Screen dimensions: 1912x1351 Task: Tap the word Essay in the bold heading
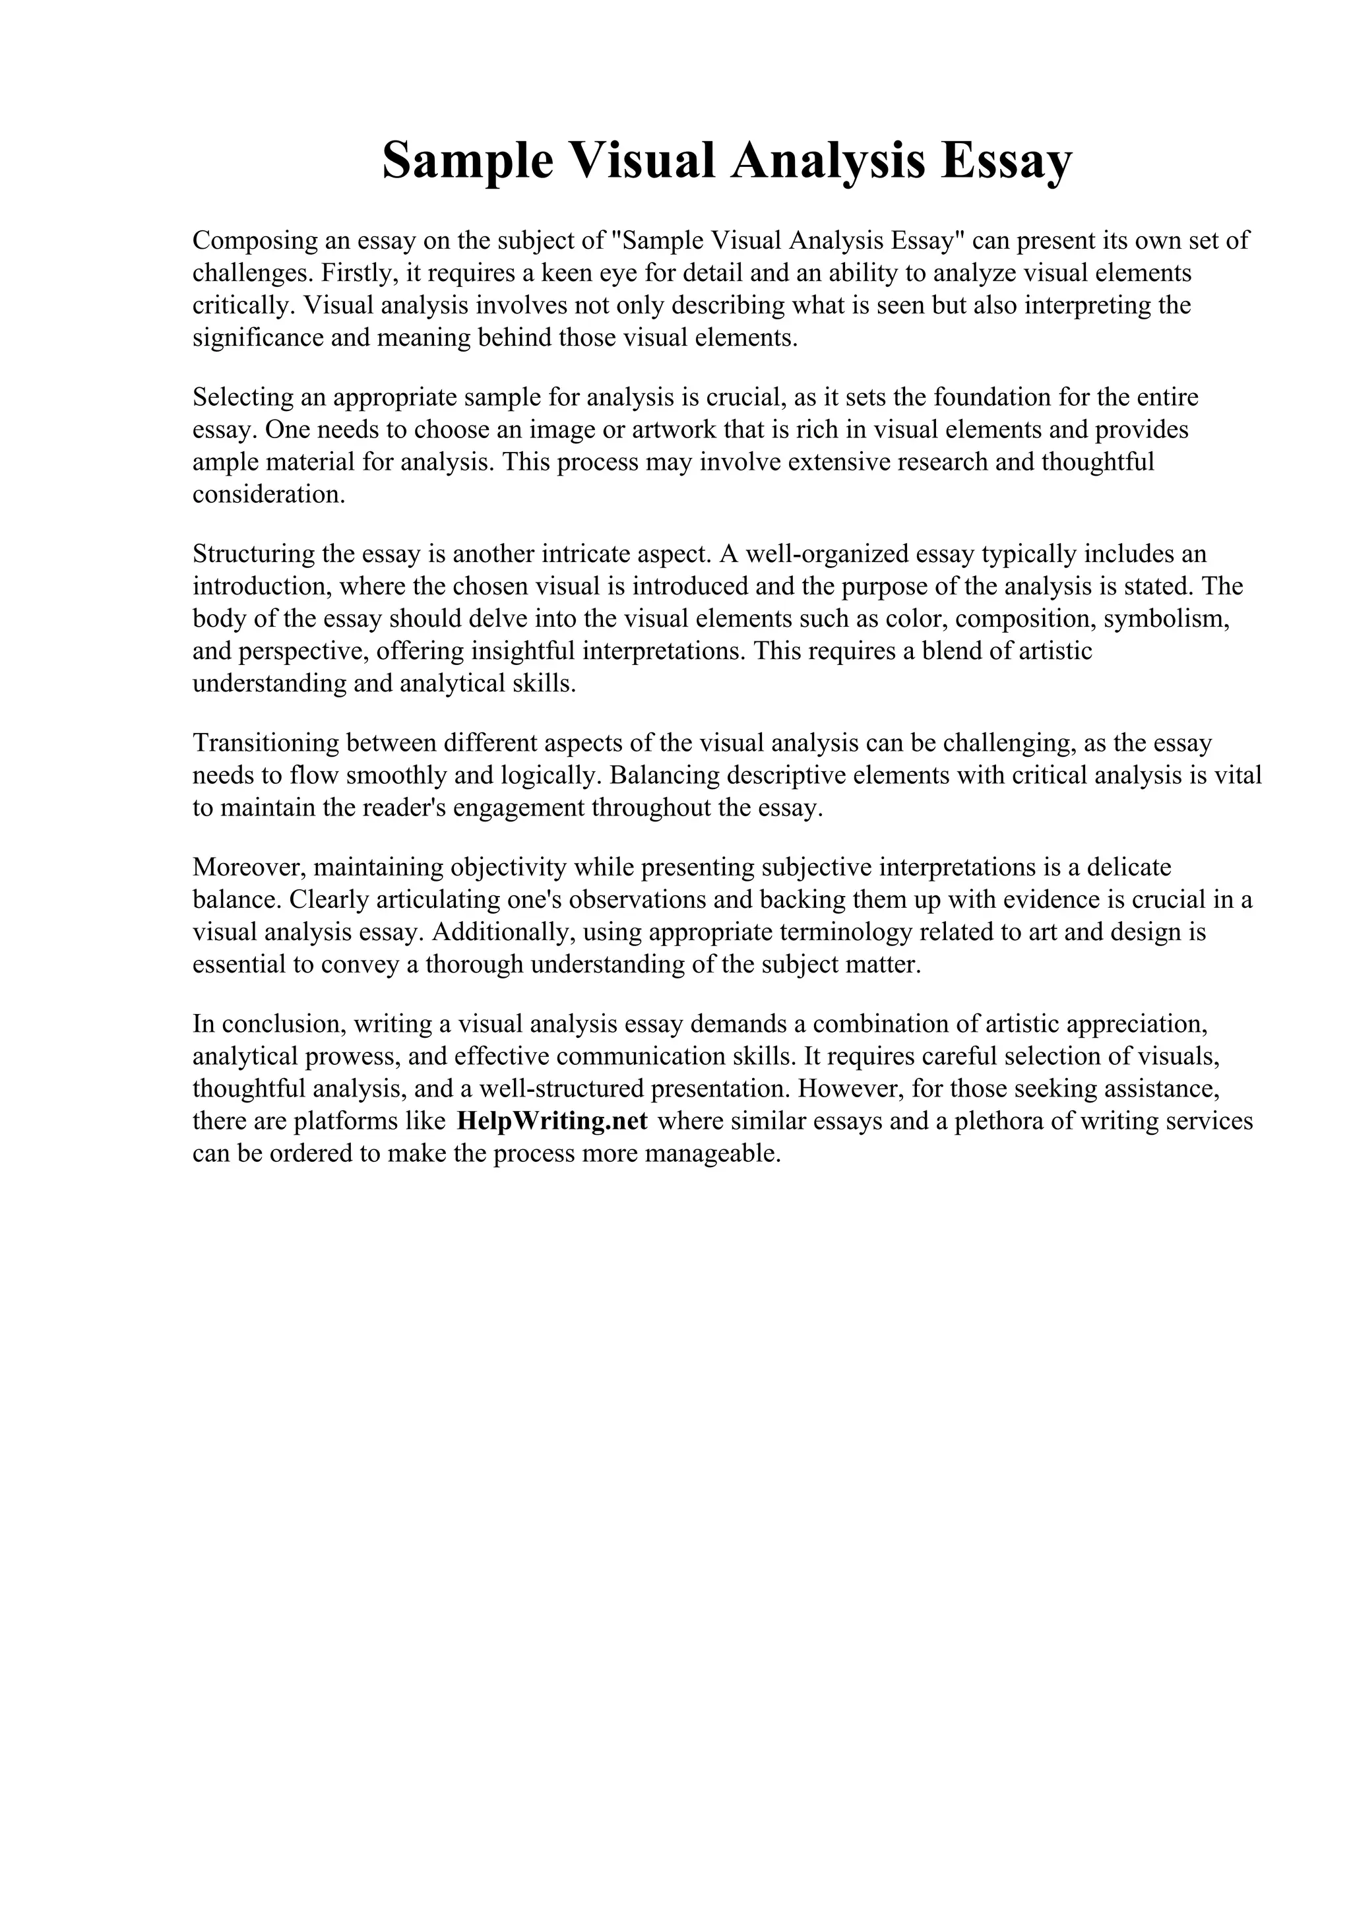[1007, 161]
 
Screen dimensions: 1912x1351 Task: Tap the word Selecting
[243, 397]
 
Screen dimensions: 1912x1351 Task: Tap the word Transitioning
[266, 743]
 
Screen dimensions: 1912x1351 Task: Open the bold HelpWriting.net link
[552, 1122]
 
